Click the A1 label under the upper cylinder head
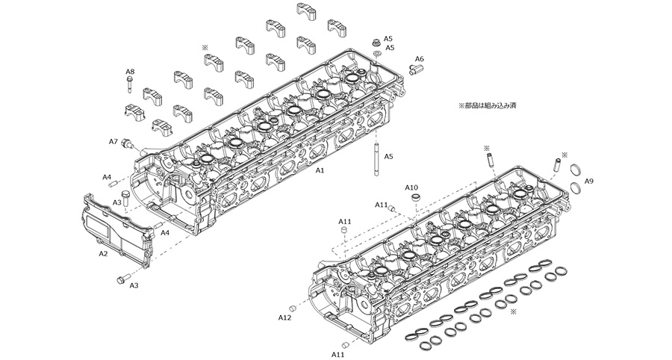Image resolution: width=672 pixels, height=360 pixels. pos(320,170)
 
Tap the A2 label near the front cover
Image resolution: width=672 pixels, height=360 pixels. pos(104,254)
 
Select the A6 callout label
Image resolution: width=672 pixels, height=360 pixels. pos(420,58)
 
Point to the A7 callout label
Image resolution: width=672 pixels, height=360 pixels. pos(113,140)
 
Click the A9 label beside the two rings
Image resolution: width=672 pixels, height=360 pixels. pos(589,181)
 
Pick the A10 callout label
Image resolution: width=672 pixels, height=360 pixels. pos(411,187)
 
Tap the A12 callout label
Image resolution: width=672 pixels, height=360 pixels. pos(284,317)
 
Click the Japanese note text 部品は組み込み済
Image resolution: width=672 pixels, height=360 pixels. pos(487,105)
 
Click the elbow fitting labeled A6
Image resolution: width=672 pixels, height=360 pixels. pos(415,69)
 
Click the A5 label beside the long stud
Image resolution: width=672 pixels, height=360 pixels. pos(388,158)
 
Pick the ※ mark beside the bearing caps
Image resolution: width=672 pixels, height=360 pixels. pos(203,47)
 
